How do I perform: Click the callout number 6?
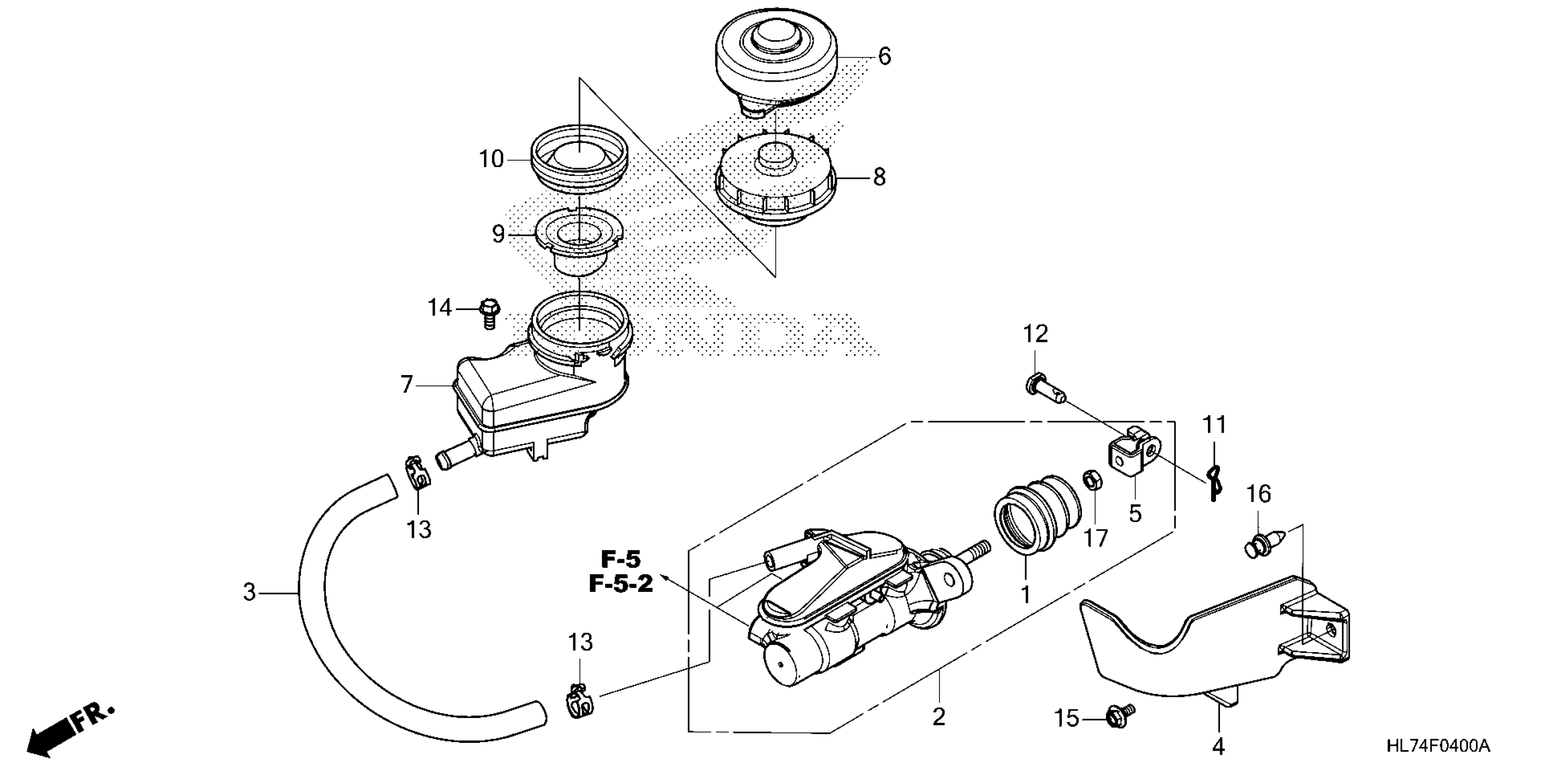(x=884, y=56)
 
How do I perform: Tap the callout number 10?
(x=491, y=159)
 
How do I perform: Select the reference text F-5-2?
(x=621, y=584)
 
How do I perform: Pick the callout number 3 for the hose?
(x=249, y=593)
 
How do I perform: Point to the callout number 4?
(x=1218, y=747)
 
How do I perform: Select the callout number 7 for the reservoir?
(x=407, y=384)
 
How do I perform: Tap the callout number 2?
(x=939, y=717)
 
